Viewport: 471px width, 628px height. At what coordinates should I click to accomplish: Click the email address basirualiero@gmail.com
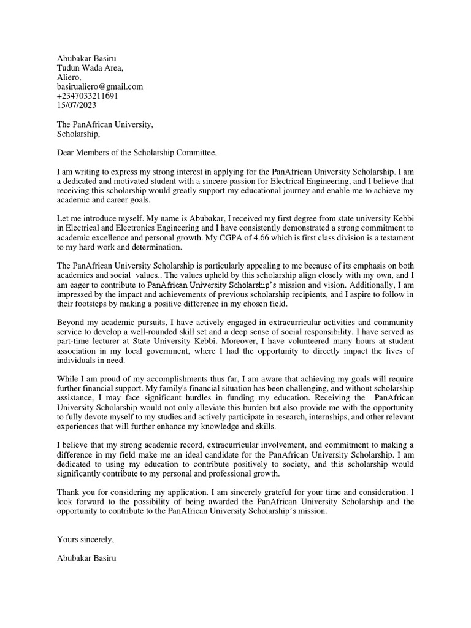click(x=99, y=86)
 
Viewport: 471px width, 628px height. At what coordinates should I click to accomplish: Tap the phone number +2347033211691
click(x=87, y=96)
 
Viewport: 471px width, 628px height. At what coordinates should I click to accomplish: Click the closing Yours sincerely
click(x=85, y=539)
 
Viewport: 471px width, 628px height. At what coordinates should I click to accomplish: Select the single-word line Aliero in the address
click(x=69, y=77)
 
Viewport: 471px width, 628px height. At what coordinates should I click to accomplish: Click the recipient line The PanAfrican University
click(x=105, y=124)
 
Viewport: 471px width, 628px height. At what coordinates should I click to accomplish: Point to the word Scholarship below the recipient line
click(x=78, y=134)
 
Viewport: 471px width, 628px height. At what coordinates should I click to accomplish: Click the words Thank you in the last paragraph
click(x=77, y=492)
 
